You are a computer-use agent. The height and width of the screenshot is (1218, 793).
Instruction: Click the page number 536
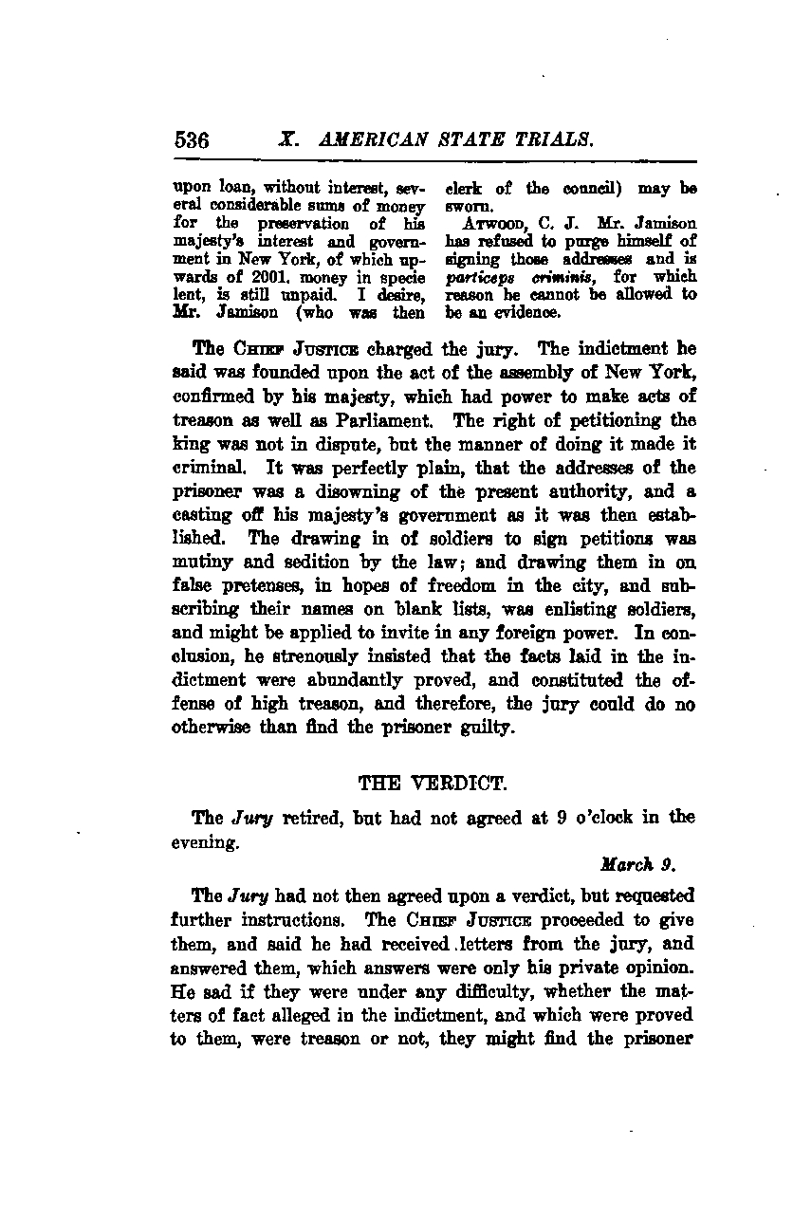pyautogui.click(x=192, y=140)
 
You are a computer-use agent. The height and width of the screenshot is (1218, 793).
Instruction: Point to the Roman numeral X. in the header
pyautogui.click(x=289, y=140)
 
